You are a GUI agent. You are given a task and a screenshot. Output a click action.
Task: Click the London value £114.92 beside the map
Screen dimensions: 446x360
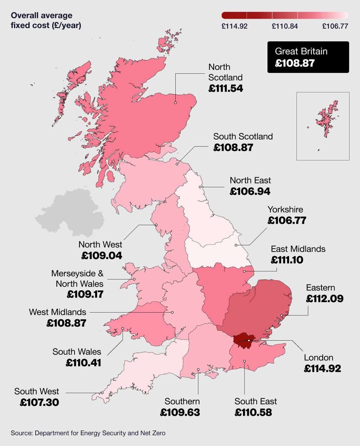coord(322,368)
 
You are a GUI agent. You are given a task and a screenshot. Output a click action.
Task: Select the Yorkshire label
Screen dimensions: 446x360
coord(285,209)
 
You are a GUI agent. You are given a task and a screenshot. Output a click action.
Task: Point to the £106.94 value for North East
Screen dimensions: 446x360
coord(250,191)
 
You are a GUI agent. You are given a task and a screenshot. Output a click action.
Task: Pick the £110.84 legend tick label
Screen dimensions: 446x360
coord(285,26)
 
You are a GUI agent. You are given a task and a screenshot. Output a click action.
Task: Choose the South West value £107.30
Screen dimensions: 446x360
coord(39,402)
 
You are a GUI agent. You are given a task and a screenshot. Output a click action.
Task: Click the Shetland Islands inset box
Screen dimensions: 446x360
coord(323,126)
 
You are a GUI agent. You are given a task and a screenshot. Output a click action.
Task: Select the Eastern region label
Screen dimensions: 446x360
coord(320,288)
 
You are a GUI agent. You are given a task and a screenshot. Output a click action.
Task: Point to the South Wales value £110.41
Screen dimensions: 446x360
coord(84,363)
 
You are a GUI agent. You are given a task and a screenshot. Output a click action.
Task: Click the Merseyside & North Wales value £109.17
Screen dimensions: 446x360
coord(85,294)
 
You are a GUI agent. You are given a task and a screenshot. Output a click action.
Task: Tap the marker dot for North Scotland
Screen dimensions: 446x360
coord(175,103)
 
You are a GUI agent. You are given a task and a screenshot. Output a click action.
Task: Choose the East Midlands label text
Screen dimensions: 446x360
coord(298,249)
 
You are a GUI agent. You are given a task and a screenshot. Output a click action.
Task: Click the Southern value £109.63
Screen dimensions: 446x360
coord(180,412)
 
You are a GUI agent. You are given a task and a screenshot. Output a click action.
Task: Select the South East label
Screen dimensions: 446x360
coord(256,401)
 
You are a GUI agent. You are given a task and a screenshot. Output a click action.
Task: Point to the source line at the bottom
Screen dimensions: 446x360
coord(88,433)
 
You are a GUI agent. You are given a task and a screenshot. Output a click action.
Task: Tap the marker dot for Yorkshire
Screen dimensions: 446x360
coord(236,245)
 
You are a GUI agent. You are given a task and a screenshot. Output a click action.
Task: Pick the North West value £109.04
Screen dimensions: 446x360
coord(102,256)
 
